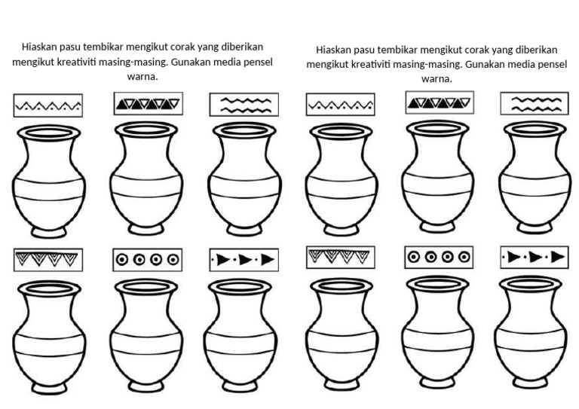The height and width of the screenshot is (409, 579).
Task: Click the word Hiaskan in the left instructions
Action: click(40, 47)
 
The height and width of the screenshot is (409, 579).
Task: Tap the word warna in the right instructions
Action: click(437, 78)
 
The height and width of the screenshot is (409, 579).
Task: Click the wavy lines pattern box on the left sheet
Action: click(244, 105)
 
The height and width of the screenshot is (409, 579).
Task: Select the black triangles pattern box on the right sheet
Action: click(440, 103)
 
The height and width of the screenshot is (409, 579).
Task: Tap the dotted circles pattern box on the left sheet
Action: click(147, 260)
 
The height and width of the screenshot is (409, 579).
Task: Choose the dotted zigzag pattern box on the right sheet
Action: click(341, 105)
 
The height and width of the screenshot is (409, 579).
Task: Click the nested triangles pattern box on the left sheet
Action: click(48, 260)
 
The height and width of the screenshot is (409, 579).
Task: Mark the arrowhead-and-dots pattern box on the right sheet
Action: click(535, 258)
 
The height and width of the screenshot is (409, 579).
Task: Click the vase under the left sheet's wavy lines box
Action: click(244, 179)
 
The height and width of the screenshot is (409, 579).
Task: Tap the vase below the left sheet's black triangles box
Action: click(147, 179)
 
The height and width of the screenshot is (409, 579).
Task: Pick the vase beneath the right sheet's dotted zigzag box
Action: click(342, 179)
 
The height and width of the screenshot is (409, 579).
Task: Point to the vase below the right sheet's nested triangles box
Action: click(341, 334)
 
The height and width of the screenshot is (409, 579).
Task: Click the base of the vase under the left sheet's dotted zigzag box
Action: click(48, 227)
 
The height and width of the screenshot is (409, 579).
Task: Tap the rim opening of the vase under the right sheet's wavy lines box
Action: click(535, 130)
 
